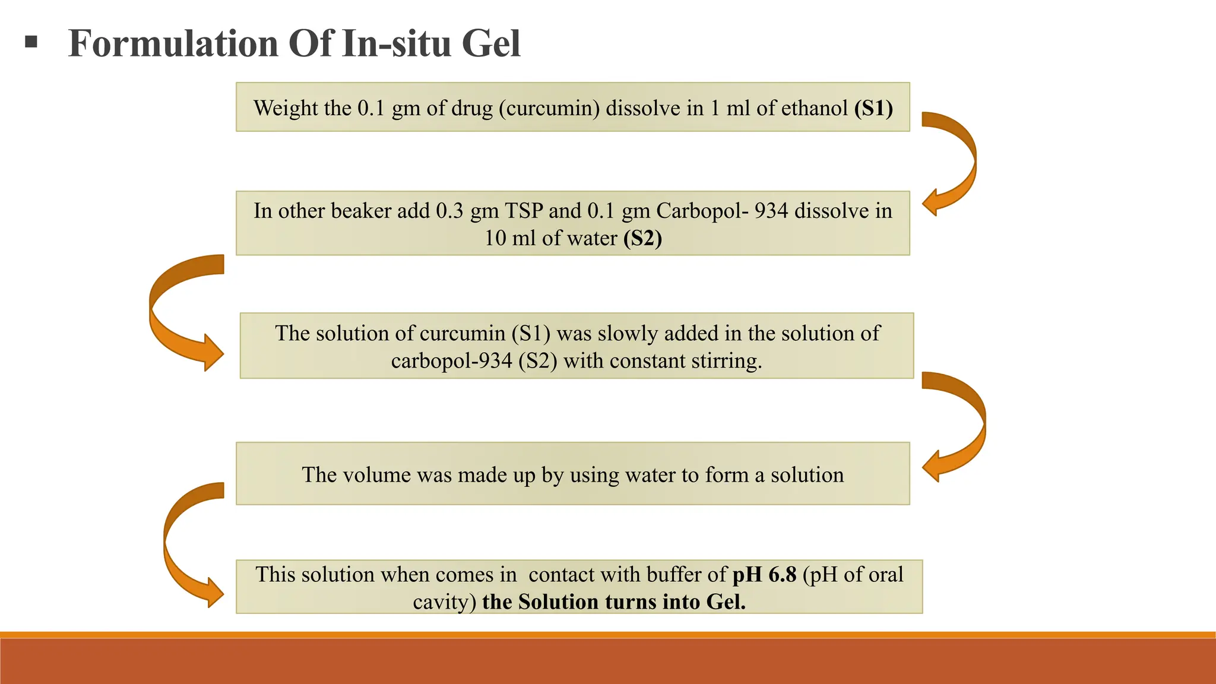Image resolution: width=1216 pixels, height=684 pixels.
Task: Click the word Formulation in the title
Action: [173, 44]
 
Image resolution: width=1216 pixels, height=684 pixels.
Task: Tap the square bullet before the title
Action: [31, 42]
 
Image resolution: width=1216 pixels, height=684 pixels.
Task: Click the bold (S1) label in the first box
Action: [873, 108]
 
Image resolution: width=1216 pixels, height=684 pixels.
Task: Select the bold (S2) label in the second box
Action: [642, 238]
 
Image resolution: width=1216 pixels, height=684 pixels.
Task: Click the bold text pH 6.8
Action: [764, 574]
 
